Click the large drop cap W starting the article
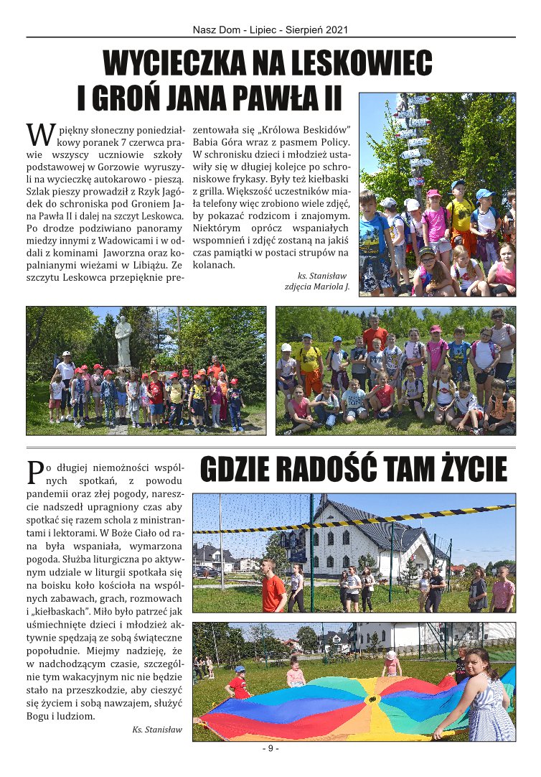click(x=40, y=134)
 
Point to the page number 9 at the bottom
click(x=270, y=749)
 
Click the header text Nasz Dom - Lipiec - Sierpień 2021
click(x=270, y=30)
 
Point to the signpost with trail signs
click(x=413, y=136)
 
